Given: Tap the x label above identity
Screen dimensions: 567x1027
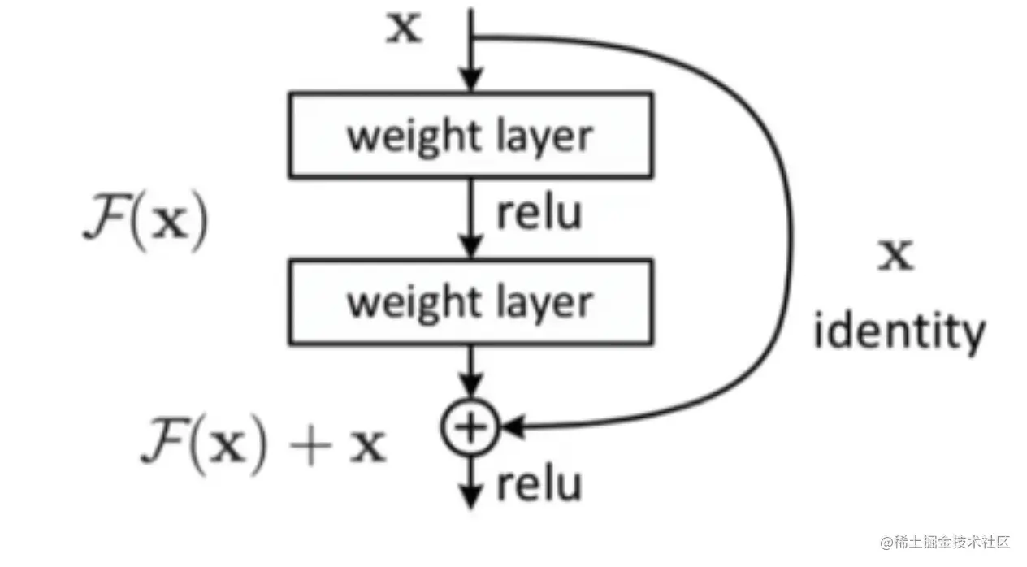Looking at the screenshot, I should click(898, 255).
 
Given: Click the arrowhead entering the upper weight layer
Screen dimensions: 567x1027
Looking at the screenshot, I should click(470, 80).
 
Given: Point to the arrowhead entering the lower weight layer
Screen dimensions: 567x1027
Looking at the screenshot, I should click(470, 248).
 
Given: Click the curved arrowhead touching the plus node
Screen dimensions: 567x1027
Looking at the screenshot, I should click(512, 426).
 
